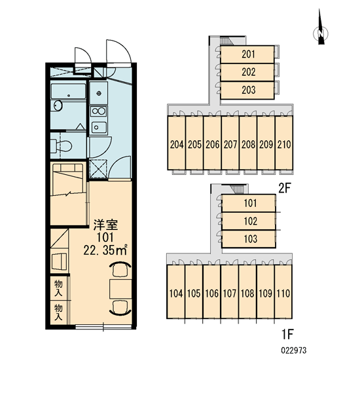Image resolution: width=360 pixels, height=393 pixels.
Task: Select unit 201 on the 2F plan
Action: click(x=247, y=54)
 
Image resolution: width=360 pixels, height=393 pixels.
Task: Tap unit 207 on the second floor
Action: click(x=230, y=143)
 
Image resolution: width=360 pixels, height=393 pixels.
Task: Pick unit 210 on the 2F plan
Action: click(x=284, y=143)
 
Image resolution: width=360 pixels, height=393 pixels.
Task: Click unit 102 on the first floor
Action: click(x=249, y=221)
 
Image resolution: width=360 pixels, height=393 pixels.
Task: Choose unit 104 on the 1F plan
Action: click(x=176, y=291)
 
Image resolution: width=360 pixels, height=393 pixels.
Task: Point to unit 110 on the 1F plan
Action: click(x=283, y=291)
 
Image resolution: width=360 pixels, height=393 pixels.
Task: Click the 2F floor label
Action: click(x=284, y=188)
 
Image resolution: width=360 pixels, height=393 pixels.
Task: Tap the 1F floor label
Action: click(x=287, y=334)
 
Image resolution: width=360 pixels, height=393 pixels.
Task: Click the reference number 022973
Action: click(x=294, y=350)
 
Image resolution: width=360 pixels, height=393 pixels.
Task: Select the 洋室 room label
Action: click(x=105, y=225)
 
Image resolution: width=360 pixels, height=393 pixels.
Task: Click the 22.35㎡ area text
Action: click(x=105, y=250)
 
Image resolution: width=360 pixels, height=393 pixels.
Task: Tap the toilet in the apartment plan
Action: click(x=61, y=146)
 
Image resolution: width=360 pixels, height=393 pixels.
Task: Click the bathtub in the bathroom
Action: click(x=68, y=91)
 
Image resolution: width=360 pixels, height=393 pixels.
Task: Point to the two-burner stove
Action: click(x=98, y=111)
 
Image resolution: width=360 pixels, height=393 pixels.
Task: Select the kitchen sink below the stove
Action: click(x=98, y=127)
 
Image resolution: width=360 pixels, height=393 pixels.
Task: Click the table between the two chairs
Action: click(x=120, y=289)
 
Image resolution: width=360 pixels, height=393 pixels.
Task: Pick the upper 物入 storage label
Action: click(x=58, y=288)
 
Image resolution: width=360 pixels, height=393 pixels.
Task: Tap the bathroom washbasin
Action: click(x=58, y=105)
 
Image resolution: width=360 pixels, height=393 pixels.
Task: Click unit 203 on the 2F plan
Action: click(x=247, y=90)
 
